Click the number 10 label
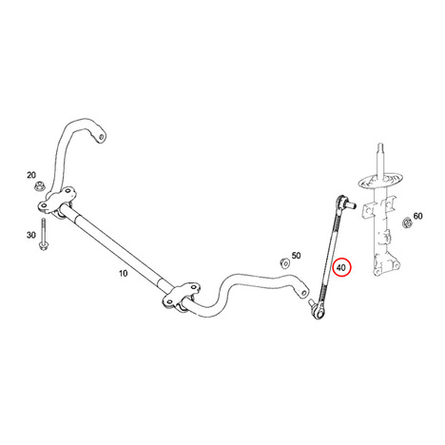pos(123,273)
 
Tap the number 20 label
pos(31,175)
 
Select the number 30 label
pos(31,235)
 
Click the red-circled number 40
pos(341,268)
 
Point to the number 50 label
pos(296,256)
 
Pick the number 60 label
pos(417,216)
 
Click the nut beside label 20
pos(39,185)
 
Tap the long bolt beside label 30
pos(43,234)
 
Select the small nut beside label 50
pos(284,262)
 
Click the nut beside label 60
pos(407,222)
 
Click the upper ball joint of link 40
pos(341,202)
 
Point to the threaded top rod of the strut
pos(380,159)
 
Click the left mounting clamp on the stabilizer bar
pos(58,201)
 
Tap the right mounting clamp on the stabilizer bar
pos(182,295)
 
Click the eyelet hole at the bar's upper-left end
pos(101,138)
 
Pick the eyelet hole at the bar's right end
pos(303,292)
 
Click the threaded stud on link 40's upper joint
pos(351,204)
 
